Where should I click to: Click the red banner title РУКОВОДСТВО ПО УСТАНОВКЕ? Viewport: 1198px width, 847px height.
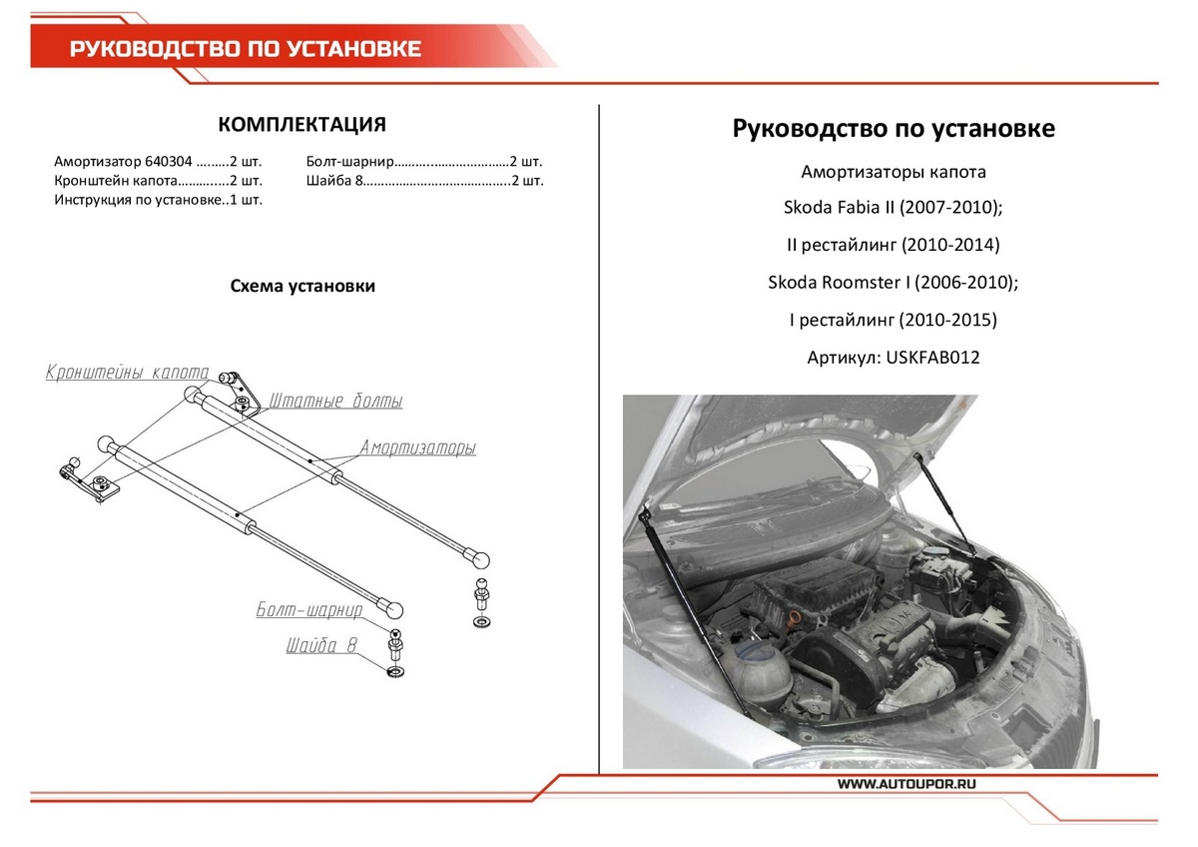pos(245,50)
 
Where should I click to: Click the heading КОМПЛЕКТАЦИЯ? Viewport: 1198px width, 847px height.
pos(301,125)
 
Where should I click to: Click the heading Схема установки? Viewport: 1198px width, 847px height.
pos(302,287)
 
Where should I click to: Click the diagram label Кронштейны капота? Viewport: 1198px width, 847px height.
pos(127,374)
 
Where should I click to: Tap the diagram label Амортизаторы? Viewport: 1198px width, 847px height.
pos(417,447)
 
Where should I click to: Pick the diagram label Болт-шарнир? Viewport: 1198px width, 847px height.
pos(309,608)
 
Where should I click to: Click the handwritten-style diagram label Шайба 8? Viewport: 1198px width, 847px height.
pos(321,646)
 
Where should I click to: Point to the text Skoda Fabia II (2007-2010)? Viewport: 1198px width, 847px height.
pos(893,208)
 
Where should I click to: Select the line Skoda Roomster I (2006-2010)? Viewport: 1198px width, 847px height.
pos(893,283)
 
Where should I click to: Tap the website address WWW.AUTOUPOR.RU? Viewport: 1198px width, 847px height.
pos(906,785)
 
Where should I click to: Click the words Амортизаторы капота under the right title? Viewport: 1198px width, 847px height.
pos(893,172)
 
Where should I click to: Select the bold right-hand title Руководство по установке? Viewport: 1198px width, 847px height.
pos(893,129)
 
